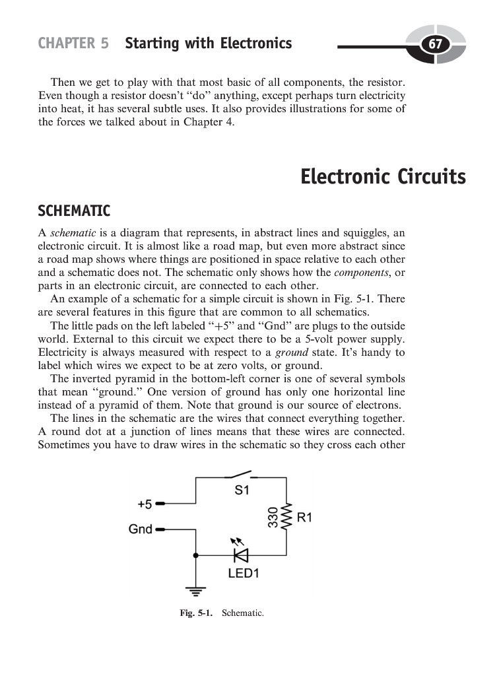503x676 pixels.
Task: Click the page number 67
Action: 435,45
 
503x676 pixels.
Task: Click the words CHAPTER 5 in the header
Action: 73,44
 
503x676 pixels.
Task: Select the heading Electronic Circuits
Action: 383,177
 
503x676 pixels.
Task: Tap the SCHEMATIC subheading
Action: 74,211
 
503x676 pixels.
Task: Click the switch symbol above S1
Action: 238,474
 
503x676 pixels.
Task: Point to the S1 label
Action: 242,490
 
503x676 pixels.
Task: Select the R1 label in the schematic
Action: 304,519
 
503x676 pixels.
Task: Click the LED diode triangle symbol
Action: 241,555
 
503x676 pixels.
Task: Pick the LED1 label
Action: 244,574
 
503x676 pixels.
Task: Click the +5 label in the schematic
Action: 145,504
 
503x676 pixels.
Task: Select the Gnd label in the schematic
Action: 141,529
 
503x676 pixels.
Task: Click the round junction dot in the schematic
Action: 195,555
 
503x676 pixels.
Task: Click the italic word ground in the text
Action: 292,353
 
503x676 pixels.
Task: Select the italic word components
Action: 368,273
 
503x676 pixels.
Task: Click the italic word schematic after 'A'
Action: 73,233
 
